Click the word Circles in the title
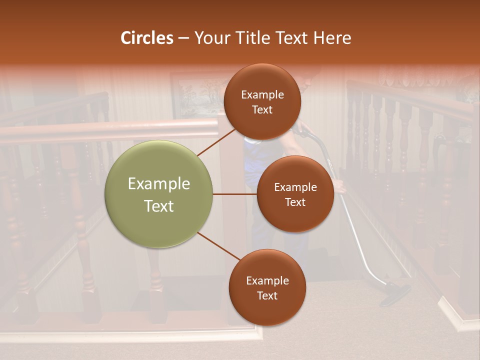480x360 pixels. (x=146, y=38)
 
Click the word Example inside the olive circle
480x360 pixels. (x=158, y=183)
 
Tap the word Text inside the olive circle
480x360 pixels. (x=158, y=206)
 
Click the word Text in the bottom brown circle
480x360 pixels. (x=267, y=295)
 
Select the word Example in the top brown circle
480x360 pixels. (x=262, y=94)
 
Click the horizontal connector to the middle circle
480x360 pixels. (x=234, y=194)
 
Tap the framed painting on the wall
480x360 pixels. (x=197, y=95)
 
